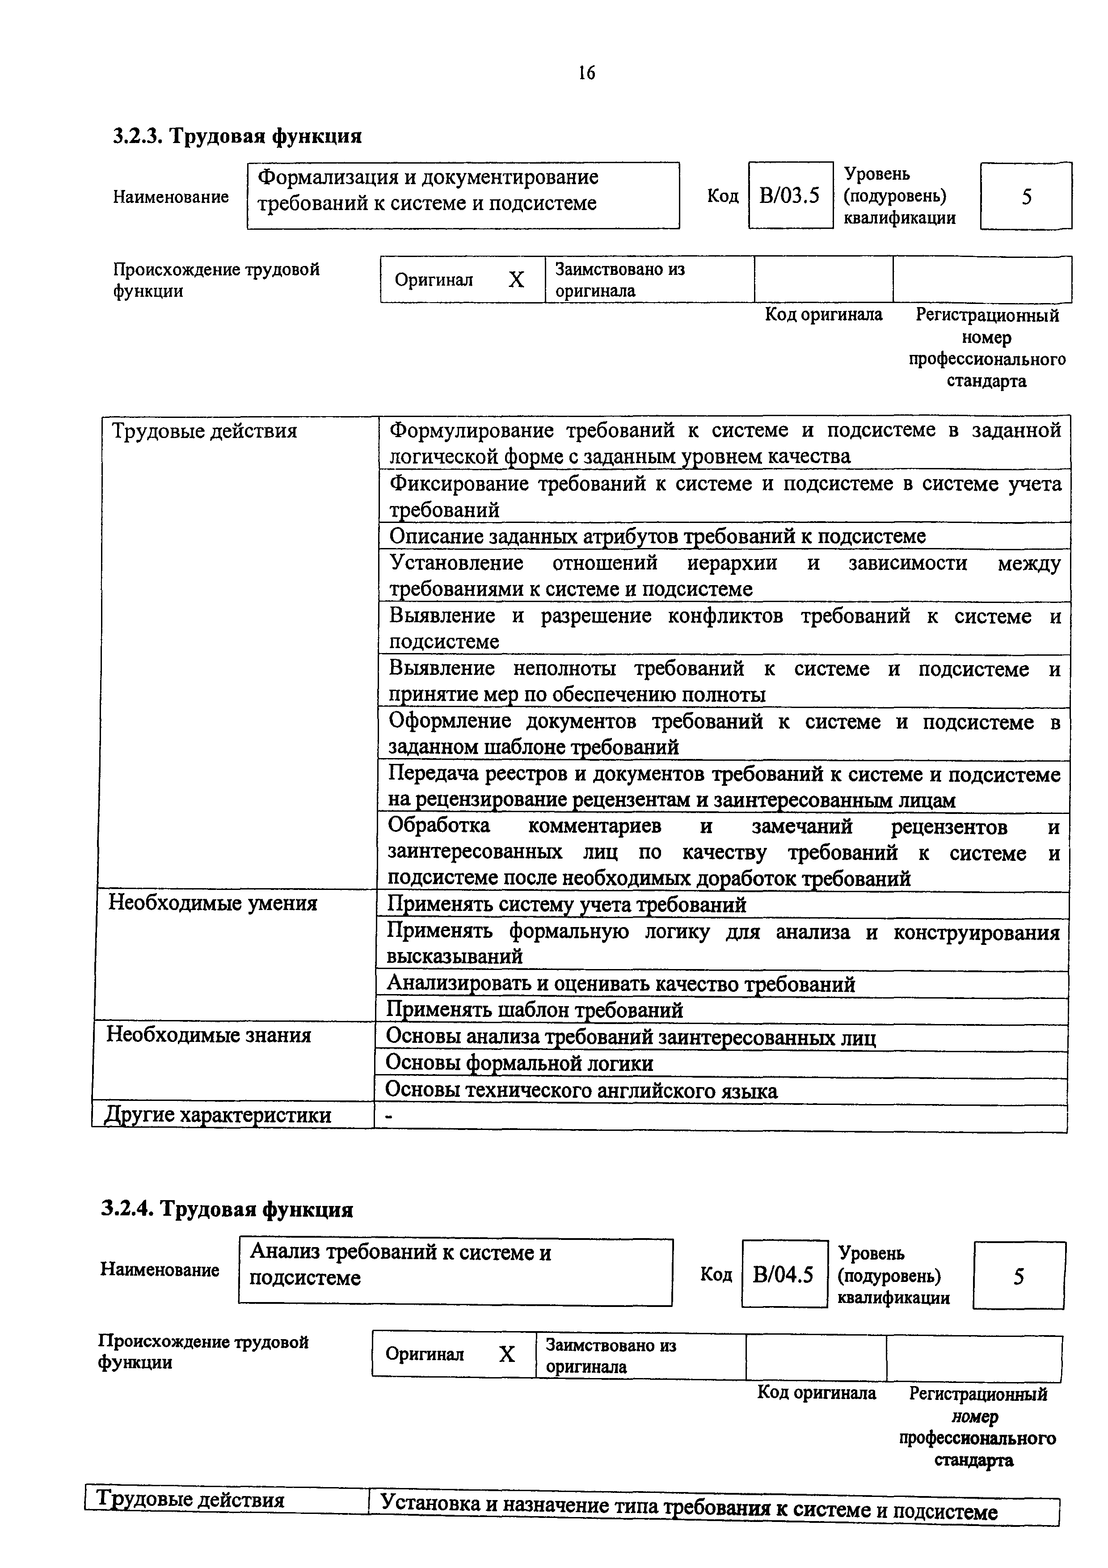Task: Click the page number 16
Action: [x=586, y=73]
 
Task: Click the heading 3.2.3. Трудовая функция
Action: [x=237, y=136]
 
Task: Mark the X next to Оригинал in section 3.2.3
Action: [x=516, y=280]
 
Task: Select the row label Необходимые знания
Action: [x=208, y=1035]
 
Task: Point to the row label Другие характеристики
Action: [x=217, y=1115]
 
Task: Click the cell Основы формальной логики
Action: [x=519, y=1063]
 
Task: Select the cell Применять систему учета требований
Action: [x=567, y=905]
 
